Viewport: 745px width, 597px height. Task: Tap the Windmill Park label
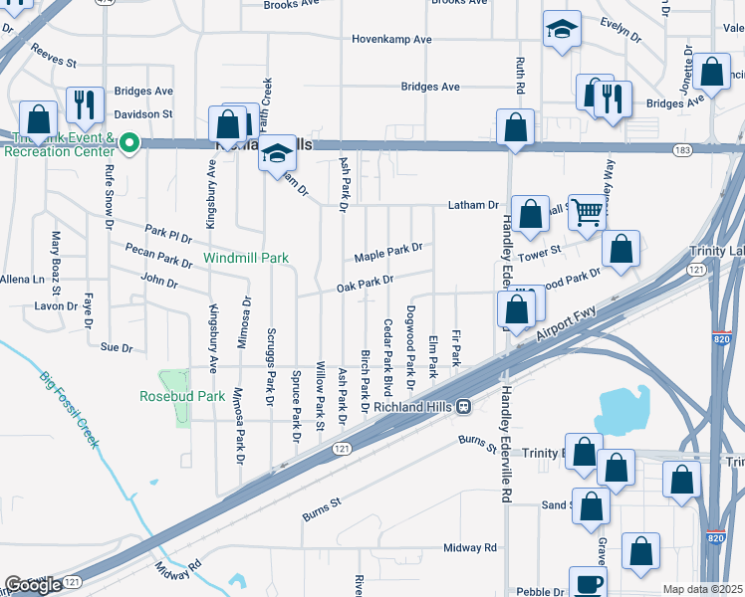(x=246, y=258)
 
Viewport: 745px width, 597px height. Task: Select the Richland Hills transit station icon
(x=464, y=406)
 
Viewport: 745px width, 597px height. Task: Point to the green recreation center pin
(x=127, y=145)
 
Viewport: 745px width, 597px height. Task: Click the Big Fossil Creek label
(x=70, y=409)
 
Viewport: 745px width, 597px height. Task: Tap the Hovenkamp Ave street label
(x=391, y=40)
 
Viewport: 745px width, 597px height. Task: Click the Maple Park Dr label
(x=389, y=254)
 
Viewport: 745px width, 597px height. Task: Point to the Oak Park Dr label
(x=365, y=284)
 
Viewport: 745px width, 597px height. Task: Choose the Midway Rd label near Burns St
(x=470, y=548)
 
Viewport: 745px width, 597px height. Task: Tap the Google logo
(x=33, y=585)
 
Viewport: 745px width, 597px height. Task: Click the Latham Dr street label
(x=478, y=205)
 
